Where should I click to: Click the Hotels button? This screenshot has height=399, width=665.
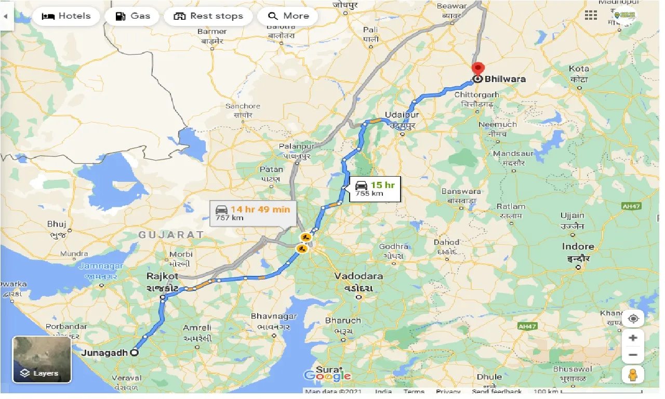click(x=66, y=16)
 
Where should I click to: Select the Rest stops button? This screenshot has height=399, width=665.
click(x=208, y=16)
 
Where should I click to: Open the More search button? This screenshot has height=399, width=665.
click(x=288, y=16)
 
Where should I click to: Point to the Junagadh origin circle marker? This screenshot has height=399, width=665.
click(x=134, y=352)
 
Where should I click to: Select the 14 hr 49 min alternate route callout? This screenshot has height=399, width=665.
click(x=254, y=212)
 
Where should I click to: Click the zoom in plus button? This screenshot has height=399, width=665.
click(x=633, y=338)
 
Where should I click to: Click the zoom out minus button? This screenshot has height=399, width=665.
click(x=633, y=355)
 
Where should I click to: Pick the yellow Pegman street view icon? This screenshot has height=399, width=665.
click(x=633, y=375)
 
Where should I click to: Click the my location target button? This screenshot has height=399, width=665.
click(x=633, y=318)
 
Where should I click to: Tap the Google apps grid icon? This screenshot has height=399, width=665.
click(x=591, y=16)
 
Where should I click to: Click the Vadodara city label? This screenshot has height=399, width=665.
click(x=358, y=276)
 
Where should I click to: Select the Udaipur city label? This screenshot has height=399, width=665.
click(x=402, y=115)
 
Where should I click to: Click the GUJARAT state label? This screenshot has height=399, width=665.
click(x=171, y=235)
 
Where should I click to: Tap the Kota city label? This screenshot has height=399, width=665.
click(x=579, y=69)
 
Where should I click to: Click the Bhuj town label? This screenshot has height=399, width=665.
click(x=56, y=224)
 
